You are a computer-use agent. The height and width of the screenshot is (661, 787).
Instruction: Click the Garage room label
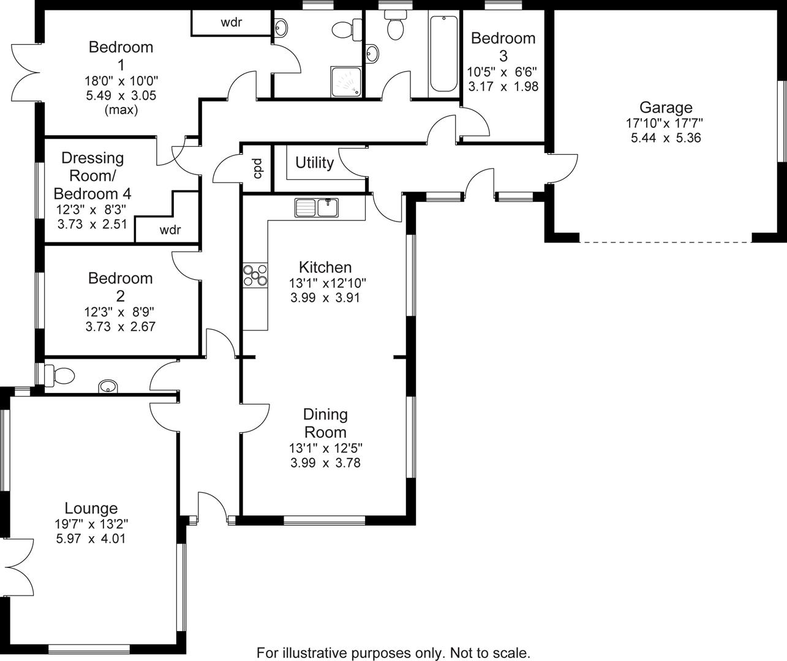point(666,108)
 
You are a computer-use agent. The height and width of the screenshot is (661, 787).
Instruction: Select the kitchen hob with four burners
point(255,274)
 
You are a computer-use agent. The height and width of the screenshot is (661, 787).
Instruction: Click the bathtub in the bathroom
point(443,54)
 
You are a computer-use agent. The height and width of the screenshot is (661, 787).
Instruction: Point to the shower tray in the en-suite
point(347,82)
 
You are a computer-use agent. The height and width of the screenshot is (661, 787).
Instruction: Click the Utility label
point(314,163)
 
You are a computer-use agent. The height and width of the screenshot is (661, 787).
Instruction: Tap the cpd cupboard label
point(258,168)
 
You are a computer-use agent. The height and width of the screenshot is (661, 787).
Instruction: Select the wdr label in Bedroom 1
point(231,23)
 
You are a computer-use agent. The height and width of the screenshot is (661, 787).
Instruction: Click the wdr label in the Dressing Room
point(170,230)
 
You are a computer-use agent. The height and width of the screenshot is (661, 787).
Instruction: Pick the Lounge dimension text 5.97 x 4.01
point(91,539)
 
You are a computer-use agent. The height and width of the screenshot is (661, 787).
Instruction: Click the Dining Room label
point(325,423)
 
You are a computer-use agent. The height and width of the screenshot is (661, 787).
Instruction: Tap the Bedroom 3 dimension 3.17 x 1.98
point(503,86)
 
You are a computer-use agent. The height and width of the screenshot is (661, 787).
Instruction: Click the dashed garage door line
point(665,242)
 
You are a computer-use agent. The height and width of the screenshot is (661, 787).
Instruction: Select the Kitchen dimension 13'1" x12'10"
point(328,283)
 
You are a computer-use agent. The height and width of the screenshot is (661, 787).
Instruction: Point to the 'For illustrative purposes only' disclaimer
point(393,652)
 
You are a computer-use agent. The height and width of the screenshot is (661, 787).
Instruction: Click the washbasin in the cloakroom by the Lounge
point(108,386)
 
